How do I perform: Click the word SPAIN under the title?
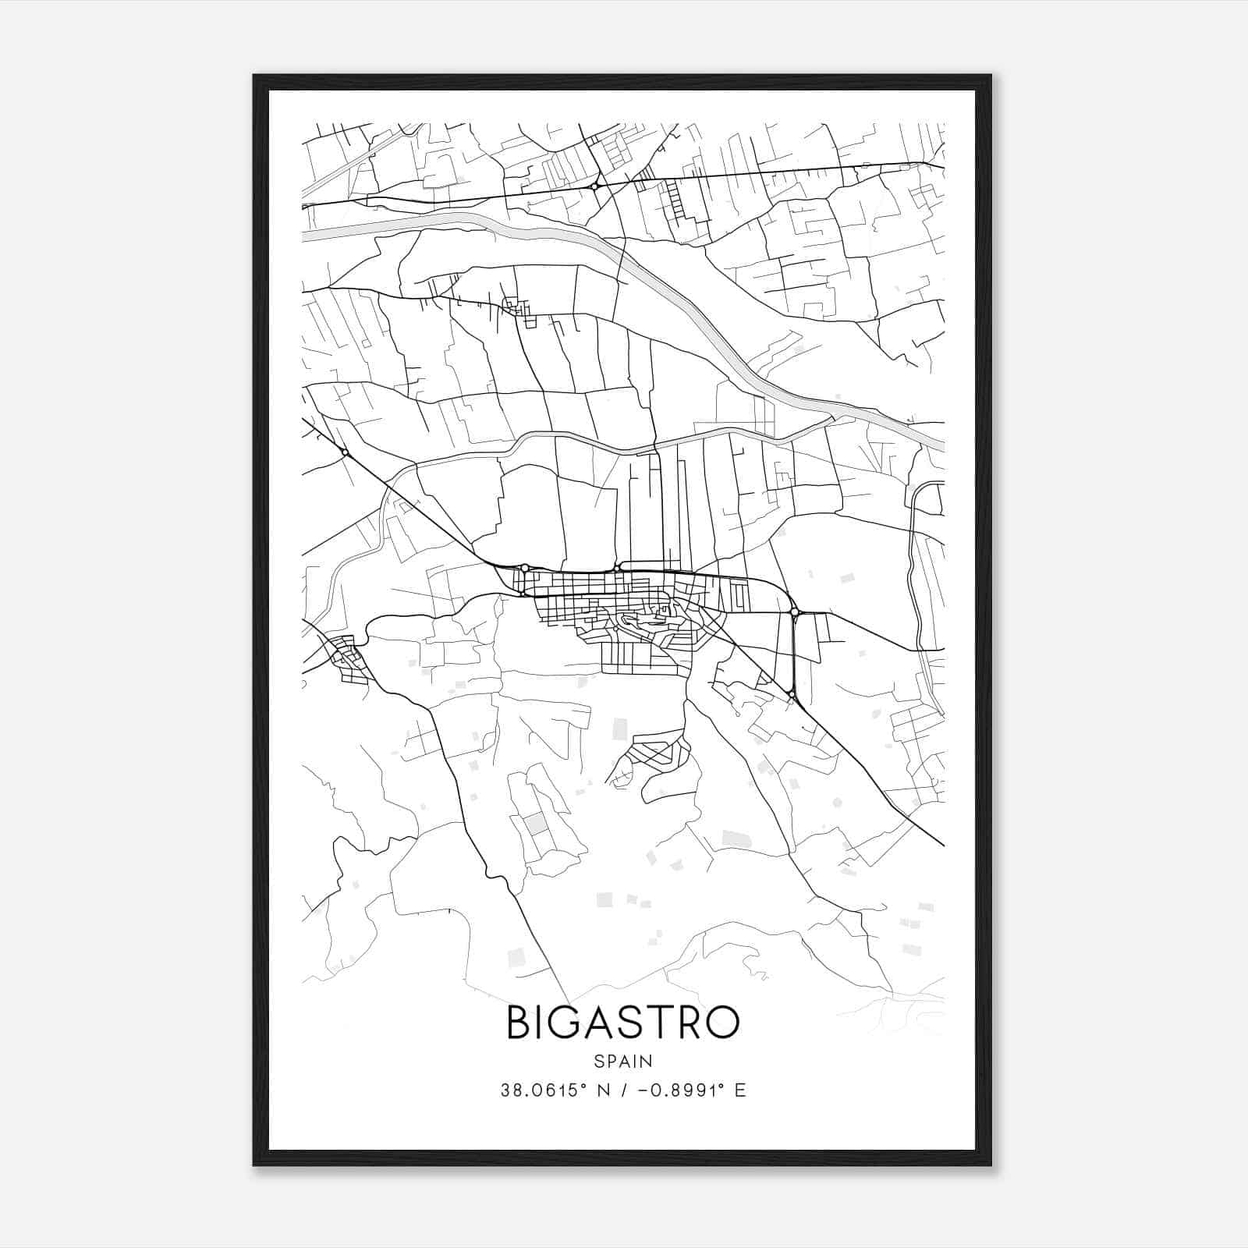[x=623, y=1061]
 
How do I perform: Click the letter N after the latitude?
[x=602, y=1090]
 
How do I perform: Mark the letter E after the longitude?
[x=740, y=1090]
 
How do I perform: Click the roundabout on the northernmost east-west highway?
[x=594, y=186]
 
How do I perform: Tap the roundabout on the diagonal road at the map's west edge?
[x=344, y=452]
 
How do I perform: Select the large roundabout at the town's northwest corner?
[x=525, y=567]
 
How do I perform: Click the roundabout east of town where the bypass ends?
[x=795, y=613]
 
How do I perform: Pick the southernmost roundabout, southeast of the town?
[x=791, y=693]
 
